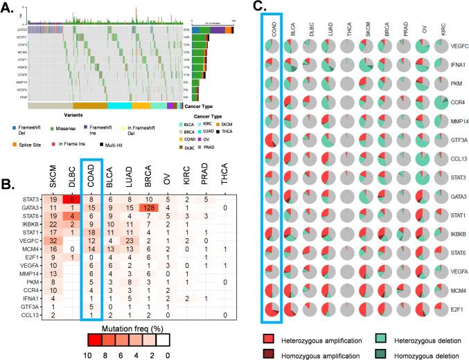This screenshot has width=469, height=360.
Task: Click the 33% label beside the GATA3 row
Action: point(187,30)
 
